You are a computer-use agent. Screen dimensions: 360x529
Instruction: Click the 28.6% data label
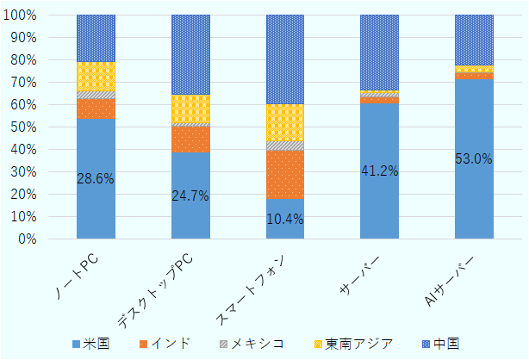pyautogui.click(x=96, y=178)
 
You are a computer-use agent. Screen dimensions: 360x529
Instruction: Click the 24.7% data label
pyautogui.click(x=190, y=196)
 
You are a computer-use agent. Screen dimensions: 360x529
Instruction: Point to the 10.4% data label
pyautogui.click(x=284, y=219)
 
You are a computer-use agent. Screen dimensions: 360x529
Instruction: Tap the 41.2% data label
pyautogui.click(x=379, y=171)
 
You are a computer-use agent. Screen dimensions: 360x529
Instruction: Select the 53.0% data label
pyautogui.click(x=474, y=158)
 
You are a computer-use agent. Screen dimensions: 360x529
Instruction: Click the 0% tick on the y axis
pyautogui.click(x=28, y=239)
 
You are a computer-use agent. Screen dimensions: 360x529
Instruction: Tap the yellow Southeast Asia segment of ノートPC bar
pyautogui.click(x=96, y=76)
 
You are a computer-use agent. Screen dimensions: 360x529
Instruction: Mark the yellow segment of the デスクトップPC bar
pyautogui.click(x=190, y=109)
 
